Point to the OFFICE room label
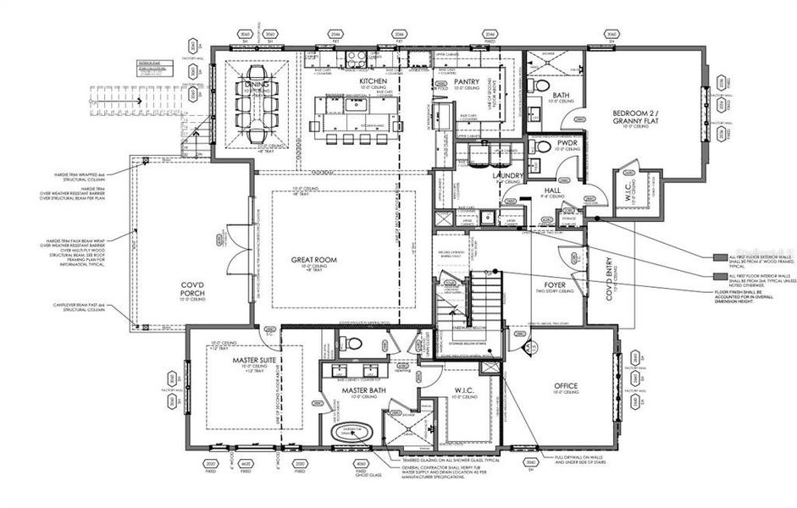[565, 386]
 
